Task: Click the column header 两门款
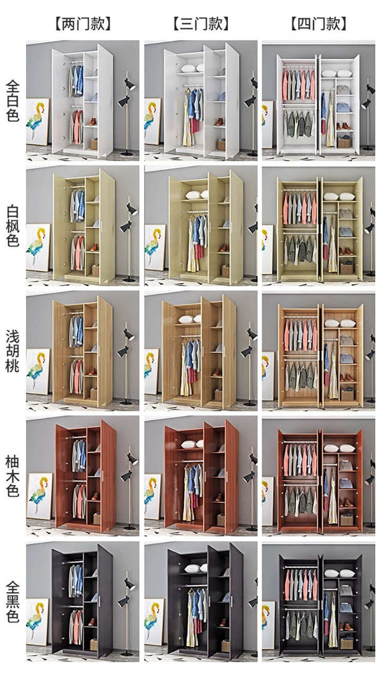click(83, 23)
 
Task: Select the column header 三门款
click(201, 23)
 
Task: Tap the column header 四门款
click(318, 23)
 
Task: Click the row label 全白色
click(12, 100)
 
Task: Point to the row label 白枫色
click(12, 225)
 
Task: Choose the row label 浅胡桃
click(12, 351)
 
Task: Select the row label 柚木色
click(12, 476)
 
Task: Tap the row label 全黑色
click(12, 602)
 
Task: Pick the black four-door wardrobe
click(320, 604)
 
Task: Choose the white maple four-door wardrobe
click(320, 228)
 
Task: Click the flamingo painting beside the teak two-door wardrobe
click(39, 497)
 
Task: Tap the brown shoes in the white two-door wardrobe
click(92, 122)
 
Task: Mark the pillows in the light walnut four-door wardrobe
click(340, 324)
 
